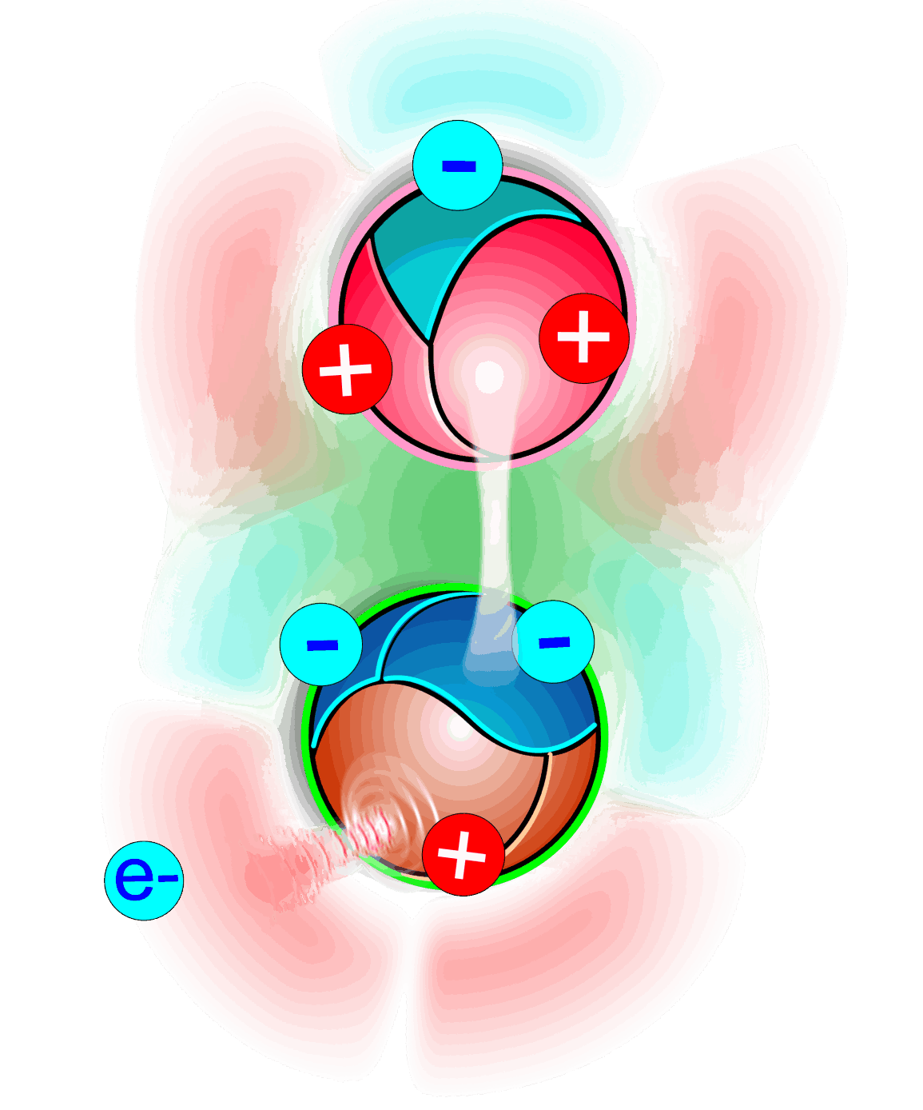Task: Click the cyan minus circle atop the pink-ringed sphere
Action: pos(458,166)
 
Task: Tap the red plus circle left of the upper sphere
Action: pos(347,369)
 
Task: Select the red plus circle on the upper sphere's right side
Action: pos(583,337)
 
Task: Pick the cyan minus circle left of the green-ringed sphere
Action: pos(321,645)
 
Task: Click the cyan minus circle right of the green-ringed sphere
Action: pos(553,641)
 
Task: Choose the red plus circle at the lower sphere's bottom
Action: pos(463,854)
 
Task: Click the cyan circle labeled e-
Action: pos(144,880)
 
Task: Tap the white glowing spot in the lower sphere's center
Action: pos(460,728)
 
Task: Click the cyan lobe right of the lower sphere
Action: pos(695,680)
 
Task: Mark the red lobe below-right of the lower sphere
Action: pos(575,960)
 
